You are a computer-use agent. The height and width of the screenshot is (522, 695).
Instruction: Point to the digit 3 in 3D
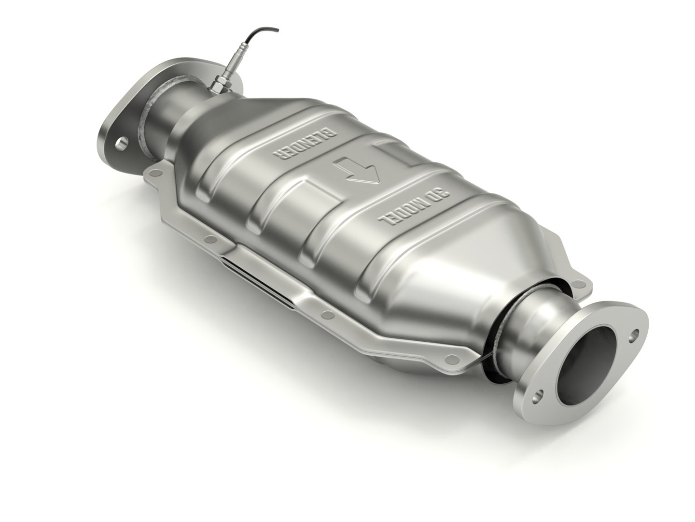coord(443,193)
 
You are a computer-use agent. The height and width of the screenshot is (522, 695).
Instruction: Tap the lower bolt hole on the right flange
coord(536,394)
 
